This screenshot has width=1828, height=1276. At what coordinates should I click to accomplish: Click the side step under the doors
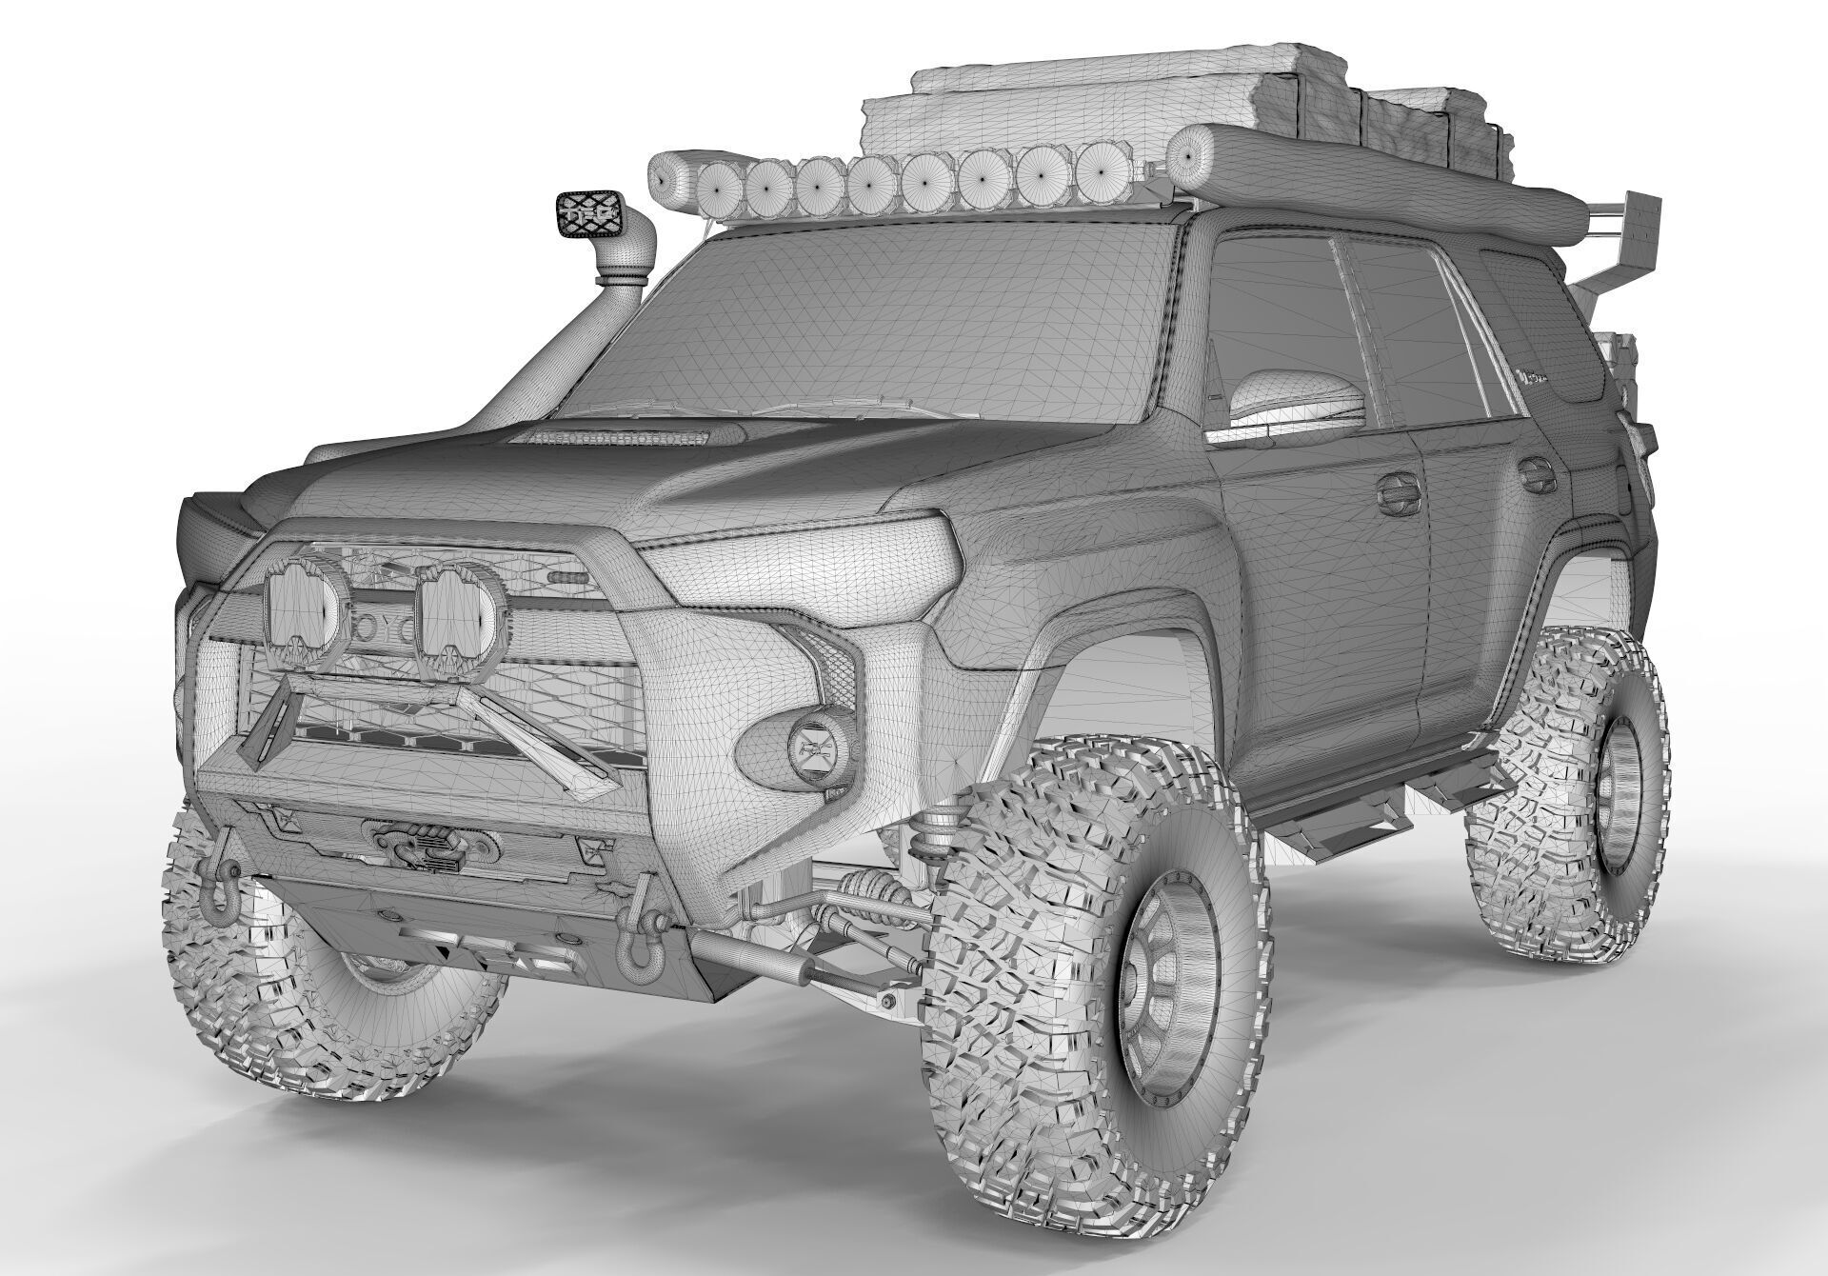click(1333, 819)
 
